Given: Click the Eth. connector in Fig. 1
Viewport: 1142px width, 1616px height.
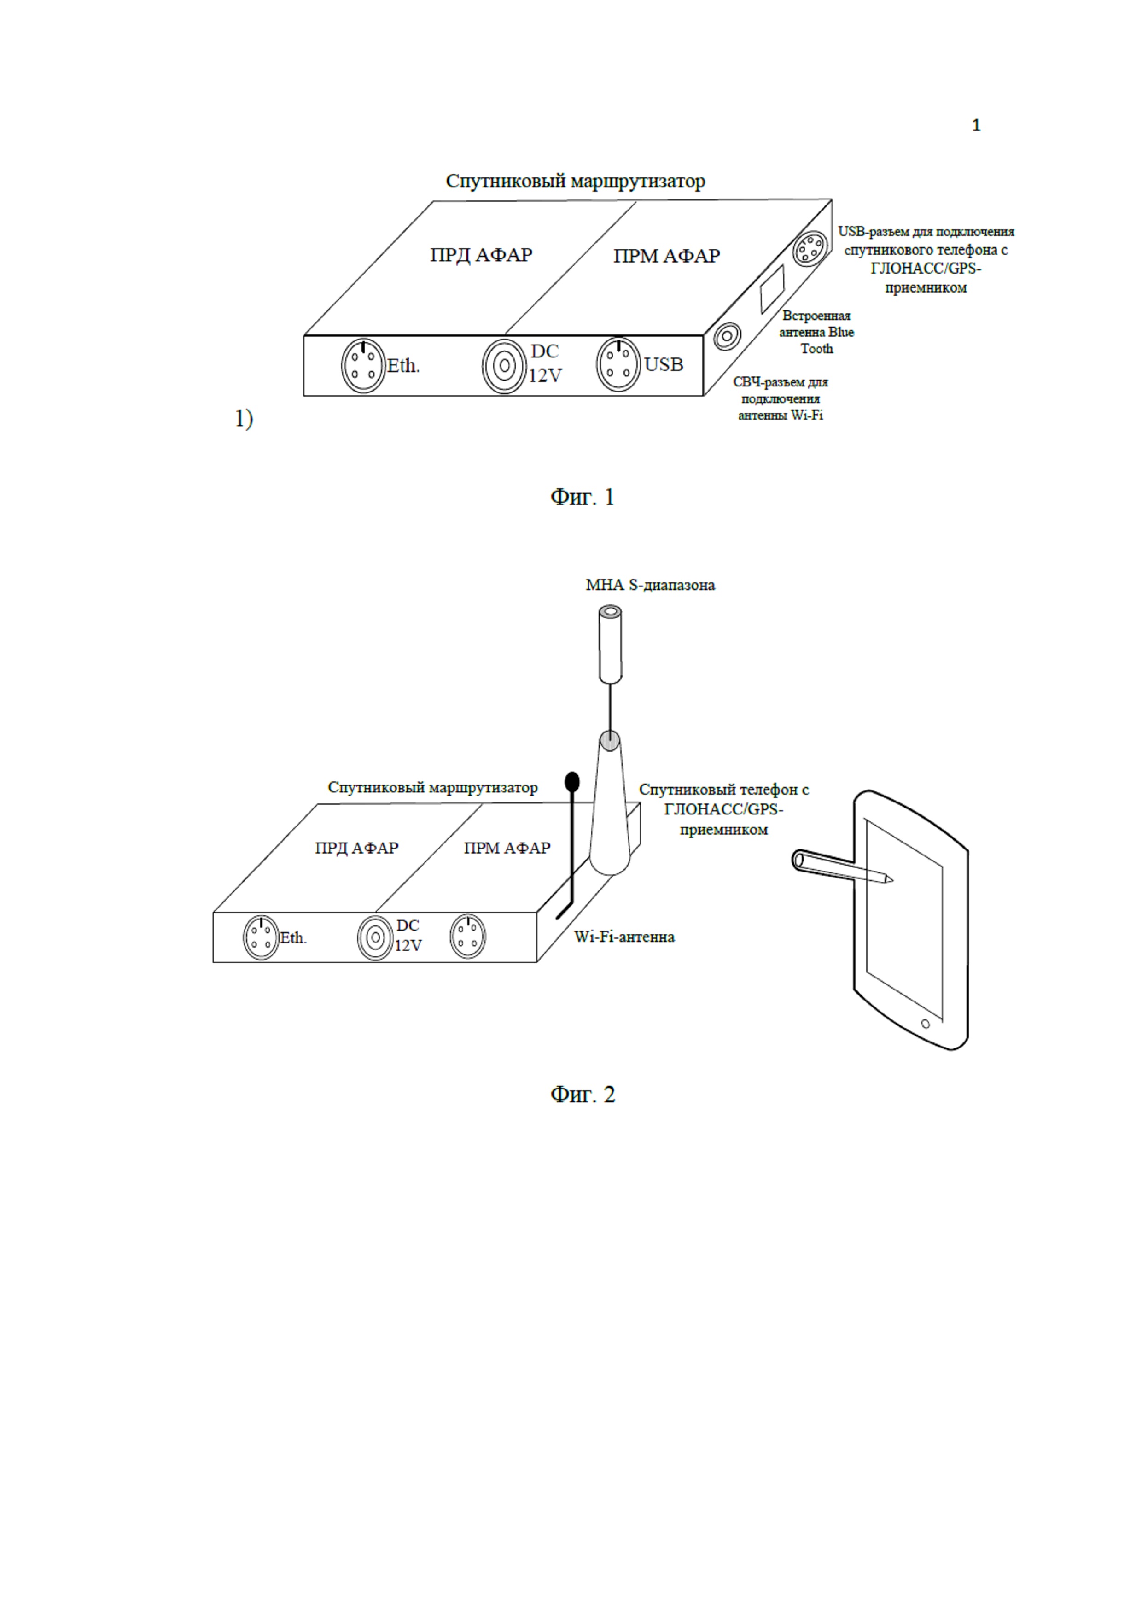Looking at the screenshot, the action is [x=363, y=366].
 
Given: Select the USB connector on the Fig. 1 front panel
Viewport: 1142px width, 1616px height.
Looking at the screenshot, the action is [x=618, y=364].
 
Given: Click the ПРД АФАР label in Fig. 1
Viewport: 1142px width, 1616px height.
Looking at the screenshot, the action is [x=481, y=255].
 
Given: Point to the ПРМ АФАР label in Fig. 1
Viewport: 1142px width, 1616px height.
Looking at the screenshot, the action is [x=666, y=256].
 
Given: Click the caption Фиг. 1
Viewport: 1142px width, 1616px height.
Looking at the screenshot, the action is [x=582, y=497].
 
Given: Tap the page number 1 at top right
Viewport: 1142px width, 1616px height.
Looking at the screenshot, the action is [x=976, y=125].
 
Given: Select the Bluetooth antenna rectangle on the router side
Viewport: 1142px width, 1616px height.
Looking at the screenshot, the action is [x=772, y=288].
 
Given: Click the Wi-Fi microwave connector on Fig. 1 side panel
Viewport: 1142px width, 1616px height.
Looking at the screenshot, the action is [x=727, y=336].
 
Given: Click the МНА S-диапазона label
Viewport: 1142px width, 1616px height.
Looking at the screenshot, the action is [x=650, y=585].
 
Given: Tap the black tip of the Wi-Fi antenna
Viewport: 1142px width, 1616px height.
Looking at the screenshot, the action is [x=572, y=781].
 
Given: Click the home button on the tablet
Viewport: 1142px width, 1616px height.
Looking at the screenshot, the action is [x=925, y=1024].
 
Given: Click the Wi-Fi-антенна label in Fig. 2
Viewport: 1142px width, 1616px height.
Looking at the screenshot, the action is [x=624, y=937].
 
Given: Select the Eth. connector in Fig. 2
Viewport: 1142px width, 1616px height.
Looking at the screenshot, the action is [x=261, y=937].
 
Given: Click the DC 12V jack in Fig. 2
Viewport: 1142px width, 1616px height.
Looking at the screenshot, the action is [x=375, y=937].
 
